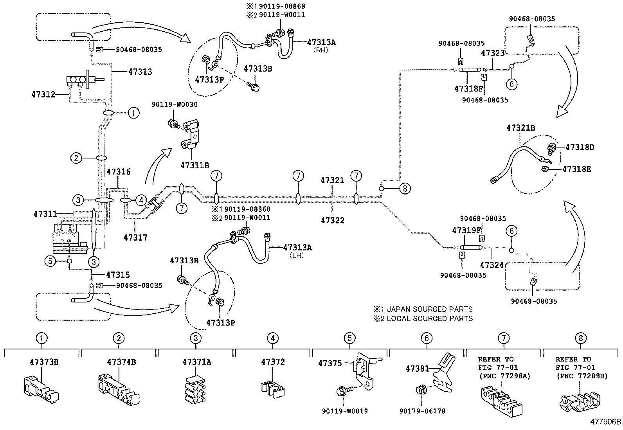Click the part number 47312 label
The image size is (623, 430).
coord(43,94)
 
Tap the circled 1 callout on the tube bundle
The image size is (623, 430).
coord(133,113)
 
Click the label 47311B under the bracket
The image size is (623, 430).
coord(194,165)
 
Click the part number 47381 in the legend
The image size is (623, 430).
coord(417,369)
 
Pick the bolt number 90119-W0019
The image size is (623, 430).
coord(345,411)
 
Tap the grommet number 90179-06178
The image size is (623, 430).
coord(422,411)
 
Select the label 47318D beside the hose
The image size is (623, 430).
coord(580,147)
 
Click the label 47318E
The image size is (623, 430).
coord(577,169)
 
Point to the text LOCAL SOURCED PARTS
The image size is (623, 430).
coord(429,318)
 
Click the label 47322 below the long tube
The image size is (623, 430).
coord(332,220)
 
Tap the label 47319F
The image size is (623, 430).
coord(466,230)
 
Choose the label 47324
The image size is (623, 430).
coord(492,265)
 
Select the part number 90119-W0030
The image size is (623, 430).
coord(175,104)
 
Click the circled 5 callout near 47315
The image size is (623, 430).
coord(50,261)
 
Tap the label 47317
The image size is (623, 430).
coord(135,237)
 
